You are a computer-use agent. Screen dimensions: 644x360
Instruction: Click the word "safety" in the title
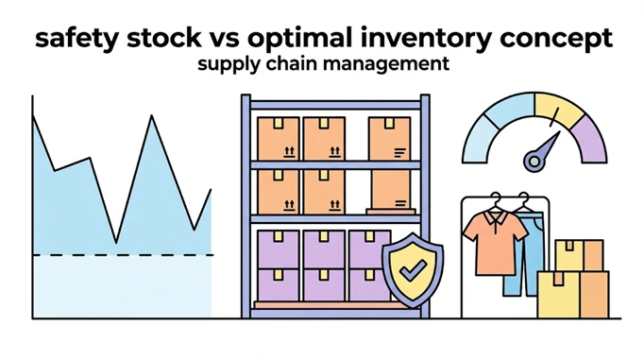[x=78, y=38]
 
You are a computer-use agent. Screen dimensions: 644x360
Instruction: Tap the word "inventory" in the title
[x=426, y=38]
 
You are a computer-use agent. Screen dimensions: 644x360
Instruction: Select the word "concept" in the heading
[x=556, y=39]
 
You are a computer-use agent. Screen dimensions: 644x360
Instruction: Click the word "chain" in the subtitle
[x=287, y=63]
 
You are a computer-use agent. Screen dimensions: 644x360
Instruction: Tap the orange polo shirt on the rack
[x=496, y=242]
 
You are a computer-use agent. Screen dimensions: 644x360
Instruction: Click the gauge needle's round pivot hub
[x=534, y=162]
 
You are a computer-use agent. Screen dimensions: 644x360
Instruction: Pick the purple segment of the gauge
[x=590, y=140]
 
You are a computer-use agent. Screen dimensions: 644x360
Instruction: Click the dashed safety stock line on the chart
[x=123, y=255]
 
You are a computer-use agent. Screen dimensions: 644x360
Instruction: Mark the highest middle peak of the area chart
[x=152, y=116]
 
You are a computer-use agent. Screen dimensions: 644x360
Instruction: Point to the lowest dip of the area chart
[x=116, y=243]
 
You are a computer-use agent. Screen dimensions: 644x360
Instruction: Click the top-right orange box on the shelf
[x=389, y=139]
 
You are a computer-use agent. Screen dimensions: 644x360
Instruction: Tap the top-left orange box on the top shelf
[x=278, y=139]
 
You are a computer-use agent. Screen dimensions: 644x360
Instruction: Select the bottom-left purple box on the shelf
[x=278, y=284]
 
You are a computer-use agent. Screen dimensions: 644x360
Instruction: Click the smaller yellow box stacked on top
[x=580, y=256]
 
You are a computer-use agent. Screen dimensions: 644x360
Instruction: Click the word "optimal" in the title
[x=300, y=39]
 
